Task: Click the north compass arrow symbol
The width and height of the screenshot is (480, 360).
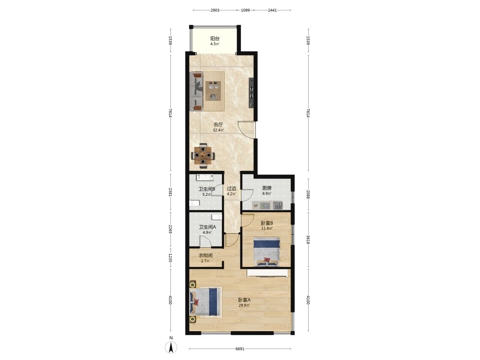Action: pyautogui.click(x=171, y=348)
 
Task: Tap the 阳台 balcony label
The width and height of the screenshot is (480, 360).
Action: pyautogui.click(x=215, y=38)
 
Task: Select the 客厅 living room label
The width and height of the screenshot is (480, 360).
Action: pyautogui.click(x=218, y=125)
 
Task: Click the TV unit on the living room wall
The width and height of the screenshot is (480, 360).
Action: pyautogui.click(x=252, y=93)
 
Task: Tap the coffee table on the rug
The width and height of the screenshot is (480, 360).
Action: pyautogui.click(x=214, y=91)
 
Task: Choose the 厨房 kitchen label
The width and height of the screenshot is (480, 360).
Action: pyautogui.click(x=266, y=188)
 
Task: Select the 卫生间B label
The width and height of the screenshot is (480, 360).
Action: pyautogui.click(x=206, y=189)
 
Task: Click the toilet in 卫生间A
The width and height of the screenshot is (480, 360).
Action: pyautogui.click(x=216, y=217)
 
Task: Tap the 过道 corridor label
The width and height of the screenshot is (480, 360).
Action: pyautogui.click(x=231, y=189)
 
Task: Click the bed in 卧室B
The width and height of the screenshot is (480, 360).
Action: pyautogui.click(x=266, y=252)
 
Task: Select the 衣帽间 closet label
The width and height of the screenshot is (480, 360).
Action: pyautogui.click(x=205, y=255)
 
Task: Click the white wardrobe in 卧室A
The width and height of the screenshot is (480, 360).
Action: pyautogui.click(x=267, y=273)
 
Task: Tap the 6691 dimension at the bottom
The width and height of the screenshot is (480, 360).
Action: pyautogui.click(x=240, y=348)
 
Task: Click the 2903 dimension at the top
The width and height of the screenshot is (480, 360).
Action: pyautogui.click(x=215, y=10)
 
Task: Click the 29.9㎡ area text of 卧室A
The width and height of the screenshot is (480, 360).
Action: pyautogui.click(x=244, y=305)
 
